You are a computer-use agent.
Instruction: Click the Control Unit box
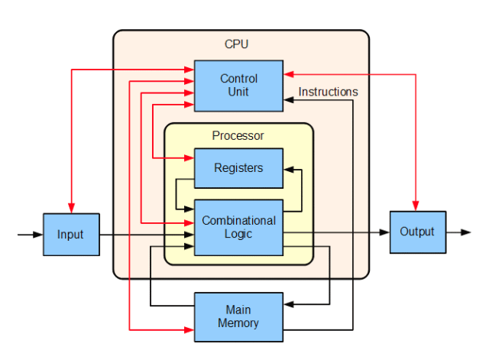point(238,85)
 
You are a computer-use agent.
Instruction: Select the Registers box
point(238,168)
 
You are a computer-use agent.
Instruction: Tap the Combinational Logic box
point(238,227)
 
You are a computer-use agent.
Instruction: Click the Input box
point(71,234)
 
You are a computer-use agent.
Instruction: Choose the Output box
point(417,232)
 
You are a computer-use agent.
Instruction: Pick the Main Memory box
point(238,316)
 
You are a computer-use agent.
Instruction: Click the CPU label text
point(237,44)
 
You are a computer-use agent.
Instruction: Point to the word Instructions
point(328,92)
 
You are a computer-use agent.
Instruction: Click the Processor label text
point(238,136)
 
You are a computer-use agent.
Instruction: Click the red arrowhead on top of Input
point(71,209)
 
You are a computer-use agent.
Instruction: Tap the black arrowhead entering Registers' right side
point(288,168)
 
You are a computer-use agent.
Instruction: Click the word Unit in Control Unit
point(238,92)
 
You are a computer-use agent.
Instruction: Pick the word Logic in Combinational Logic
point(238,234)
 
